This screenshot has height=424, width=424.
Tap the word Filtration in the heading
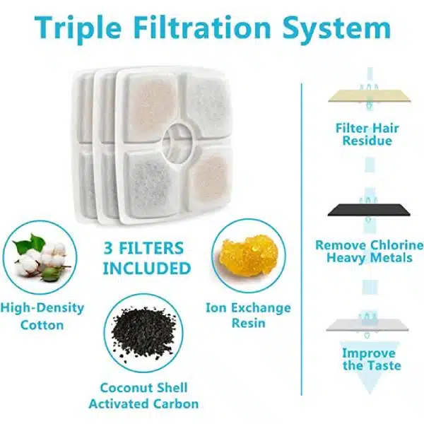[x=202, y=28]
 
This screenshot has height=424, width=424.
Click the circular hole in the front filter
[x=177, y=143]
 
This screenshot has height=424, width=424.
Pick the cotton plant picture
[x=41, y=257]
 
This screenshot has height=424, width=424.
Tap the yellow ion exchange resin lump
[x=248, y=256]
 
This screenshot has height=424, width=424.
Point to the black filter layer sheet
[x=369, y=211]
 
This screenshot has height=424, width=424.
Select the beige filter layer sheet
[x=370, y=97]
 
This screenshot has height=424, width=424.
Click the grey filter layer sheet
[x=367, y=325]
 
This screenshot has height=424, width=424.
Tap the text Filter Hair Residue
[x=367, y=134]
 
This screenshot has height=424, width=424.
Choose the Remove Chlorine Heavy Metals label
[x=370, y=251]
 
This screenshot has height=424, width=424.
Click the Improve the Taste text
[x=372, y=359]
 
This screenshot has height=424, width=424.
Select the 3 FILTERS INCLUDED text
[x=147, y=258]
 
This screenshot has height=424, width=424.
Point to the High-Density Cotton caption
[x=42, y=316]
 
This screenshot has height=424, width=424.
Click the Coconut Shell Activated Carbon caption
[x=143, y=396]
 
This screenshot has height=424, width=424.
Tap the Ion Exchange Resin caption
[x=248, y=315]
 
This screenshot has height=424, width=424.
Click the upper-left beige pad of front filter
[x=151, y=106]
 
